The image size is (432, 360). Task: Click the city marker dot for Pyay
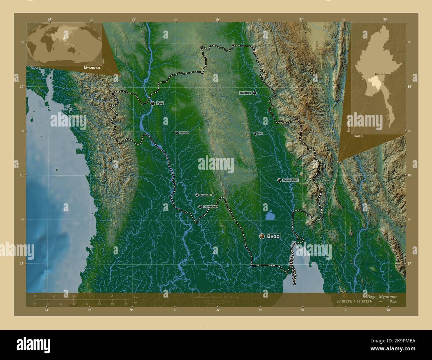[x=153, y=103]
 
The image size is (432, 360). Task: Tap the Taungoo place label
[x=245, y=93]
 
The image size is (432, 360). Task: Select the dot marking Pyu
[x=255, y=134]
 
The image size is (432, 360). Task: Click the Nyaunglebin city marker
[x=279, y=180]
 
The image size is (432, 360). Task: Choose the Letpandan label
[x=205, y=195]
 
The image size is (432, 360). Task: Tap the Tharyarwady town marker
[x=200, y=207]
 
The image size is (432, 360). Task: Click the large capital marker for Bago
[x=262, y=236]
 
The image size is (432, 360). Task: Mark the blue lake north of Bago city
[x=270, y=216]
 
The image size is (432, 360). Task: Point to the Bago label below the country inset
[x=358, y=136]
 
